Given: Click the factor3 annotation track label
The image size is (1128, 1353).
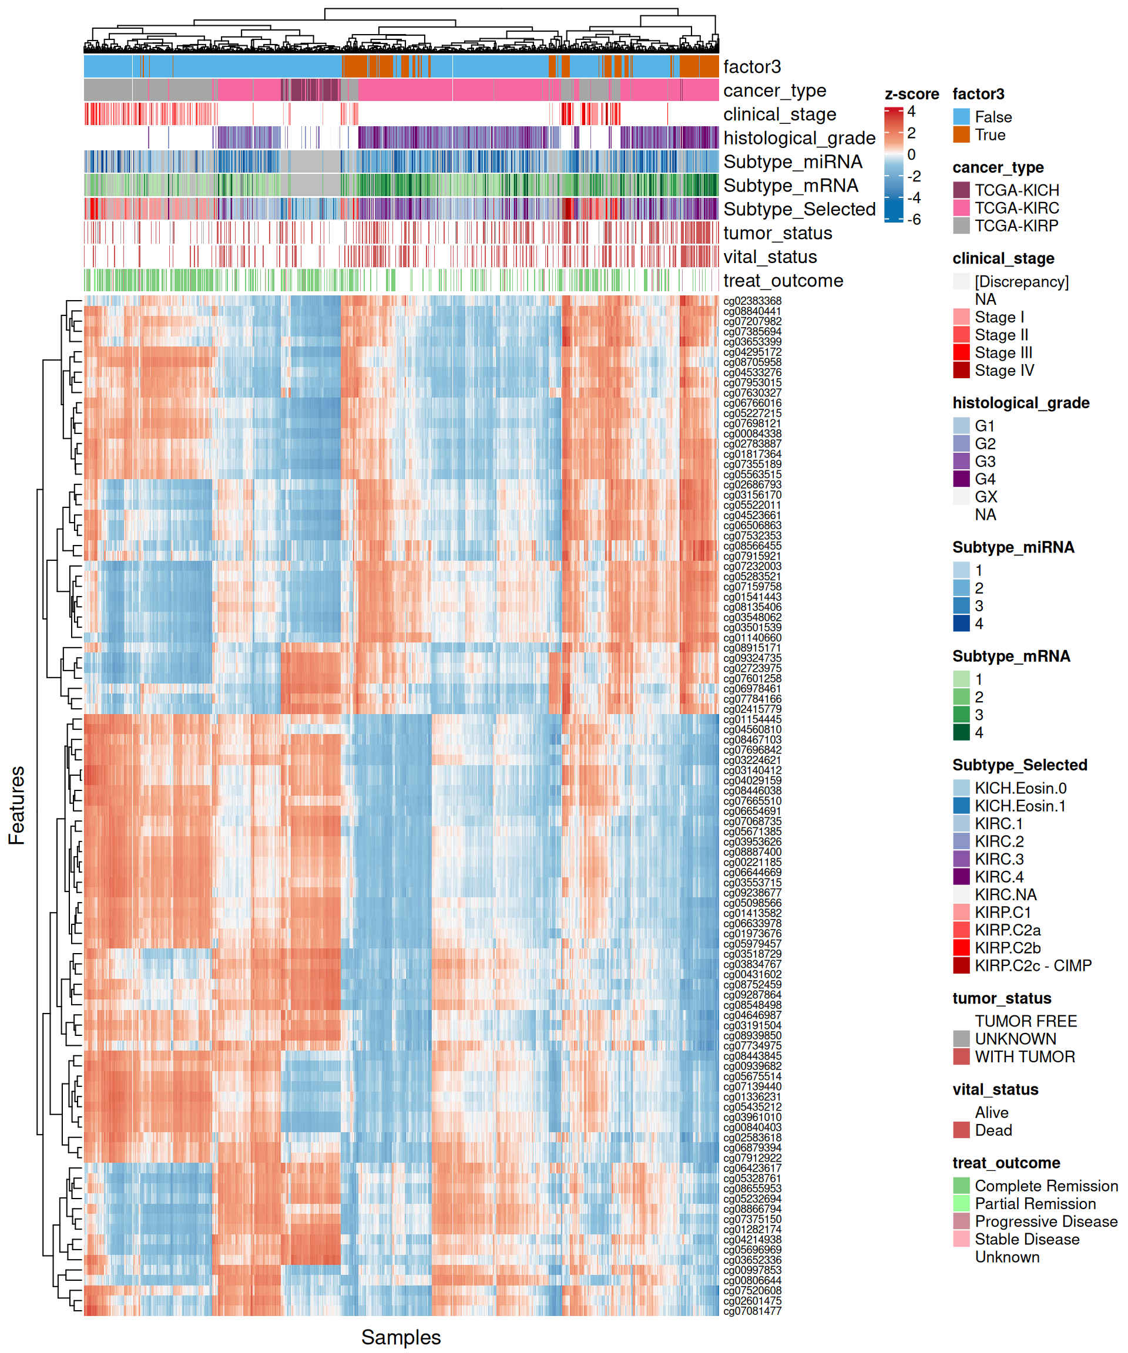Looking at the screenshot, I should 751,67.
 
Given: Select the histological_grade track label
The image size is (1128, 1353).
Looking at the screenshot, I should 799,138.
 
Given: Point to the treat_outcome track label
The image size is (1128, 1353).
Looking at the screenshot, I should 783,281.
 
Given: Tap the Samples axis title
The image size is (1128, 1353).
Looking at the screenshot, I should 400,1337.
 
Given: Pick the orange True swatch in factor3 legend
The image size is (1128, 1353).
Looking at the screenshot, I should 961,134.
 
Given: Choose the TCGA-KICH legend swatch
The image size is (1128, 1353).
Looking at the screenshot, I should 961,190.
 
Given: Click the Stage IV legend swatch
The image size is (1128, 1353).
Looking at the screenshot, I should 961,371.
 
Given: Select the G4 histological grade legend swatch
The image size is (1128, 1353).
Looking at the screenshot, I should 961,479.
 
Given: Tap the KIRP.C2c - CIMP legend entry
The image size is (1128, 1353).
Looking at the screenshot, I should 1033,966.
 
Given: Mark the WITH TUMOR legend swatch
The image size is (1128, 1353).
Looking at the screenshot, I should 961,1057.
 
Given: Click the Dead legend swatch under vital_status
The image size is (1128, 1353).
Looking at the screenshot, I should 961,1130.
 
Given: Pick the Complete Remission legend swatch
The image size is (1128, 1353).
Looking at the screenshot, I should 961,1186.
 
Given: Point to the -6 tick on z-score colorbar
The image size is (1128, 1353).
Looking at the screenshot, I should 914,220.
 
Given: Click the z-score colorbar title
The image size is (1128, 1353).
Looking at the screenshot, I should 911,95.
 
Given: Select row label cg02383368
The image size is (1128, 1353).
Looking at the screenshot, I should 752,301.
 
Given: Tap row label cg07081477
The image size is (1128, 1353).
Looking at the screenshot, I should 752,1311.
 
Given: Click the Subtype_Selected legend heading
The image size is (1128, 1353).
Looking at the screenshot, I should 1019,765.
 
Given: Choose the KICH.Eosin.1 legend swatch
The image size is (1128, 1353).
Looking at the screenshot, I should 961,806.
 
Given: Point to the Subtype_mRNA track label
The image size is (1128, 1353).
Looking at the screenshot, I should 790,186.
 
